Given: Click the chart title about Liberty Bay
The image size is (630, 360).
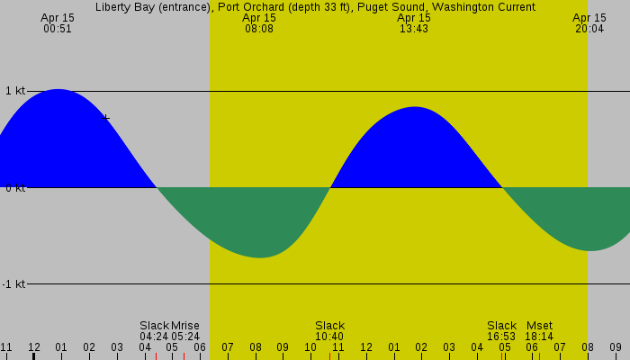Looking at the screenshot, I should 315,7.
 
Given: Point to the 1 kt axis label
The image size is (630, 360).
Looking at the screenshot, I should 14,91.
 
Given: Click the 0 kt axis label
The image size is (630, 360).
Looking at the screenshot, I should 14,188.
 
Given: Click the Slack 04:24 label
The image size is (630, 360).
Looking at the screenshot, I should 154,330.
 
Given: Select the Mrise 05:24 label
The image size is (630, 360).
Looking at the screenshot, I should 184,330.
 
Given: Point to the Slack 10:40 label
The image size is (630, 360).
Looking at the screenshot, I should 329,330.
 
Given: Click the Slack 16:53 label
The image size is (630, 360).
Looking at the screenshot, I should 501,330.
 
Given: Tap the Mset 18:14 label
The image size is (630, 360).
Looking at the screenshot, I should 539,330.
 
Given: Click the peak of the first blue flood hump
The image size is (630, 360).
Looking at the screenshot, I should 58,90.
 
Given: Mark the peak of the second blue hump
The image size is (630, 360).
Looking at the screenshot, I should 415,108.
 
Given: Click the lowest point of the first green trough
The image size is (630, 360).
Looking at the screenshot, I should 259,257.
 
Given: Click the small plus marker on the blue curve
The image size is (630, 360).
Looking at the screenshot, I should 107,117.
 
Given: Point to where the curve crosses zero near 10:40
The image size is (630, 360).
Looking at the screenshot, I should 330,187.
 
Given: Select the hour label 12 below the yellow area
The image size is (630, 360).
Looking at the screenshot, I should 366,347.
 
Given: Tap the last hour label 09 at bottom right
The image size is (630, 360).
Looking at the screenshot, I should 616,347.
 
